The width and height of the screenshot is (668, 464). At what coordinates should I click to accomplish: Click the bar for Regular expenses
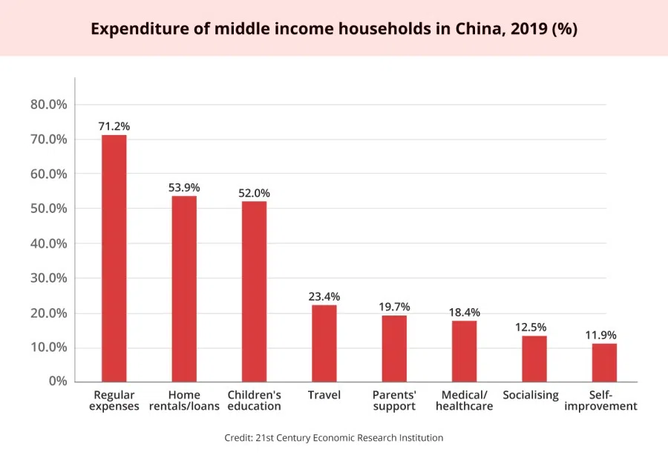pyautogui.click(x=114, y=258)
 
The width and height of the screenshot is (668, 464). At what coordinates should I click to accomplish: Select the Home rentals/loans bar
pyautogui.click(x=184, y=289)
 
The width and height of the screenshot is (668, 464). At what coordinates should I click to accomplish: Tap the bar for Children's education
pyautogui.click(x=254, y=292)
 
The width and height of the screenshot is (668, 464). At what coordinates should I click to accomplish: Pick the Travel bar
pyautogui.click(x=324, y=343)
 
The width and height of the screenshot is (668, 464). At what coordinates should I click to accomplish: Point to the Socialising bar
pyautogui.click(x=534, y=359)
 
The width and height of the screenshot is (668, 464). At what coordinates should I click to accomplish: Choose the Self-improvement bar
pyautogui.click(x=604, y=362)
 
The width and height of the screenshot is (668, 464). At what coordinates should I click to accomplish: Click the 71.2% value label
pyautogui.click(x=114, y=126)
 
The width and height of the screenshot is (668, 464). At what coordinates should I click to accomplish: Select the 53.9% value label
pyautogui.click(x=184, y=187)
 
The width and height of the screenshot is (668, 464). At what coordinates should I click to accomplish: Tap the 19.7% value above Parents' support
pyautogui.click(x=394, y=307)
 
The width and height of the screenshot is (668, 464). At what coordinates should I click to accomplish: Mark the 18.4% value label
pyautogui.click(x=465, y=312)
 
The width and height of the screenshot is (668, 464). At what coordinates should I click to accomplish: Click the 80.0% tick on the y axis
pyautogui.click(x=49, y=105)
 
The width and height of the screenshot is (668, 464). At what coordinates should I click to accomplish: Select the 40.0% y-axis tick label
pyautogui.click(x=49, y=244)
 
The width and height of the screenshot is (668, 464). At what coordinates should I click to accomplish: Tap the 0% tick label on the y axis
pyautogui.click(x=58, y=381)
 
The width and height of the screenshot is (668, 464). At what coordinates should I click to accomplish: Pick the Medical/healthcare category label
pyautogui.click(x=465, y=400)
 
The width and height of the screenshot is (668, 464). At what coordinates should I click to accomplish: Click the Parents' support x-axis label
pyautogui.click(x=394, y=400)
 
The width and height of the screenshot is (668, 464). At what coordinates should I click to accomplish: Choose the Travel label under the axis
pyautogui.click(x=324, y=395)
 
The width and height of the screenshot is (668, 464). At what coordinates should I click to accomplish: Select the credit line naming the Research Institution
pyautogui.click(x=334, y=438)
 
